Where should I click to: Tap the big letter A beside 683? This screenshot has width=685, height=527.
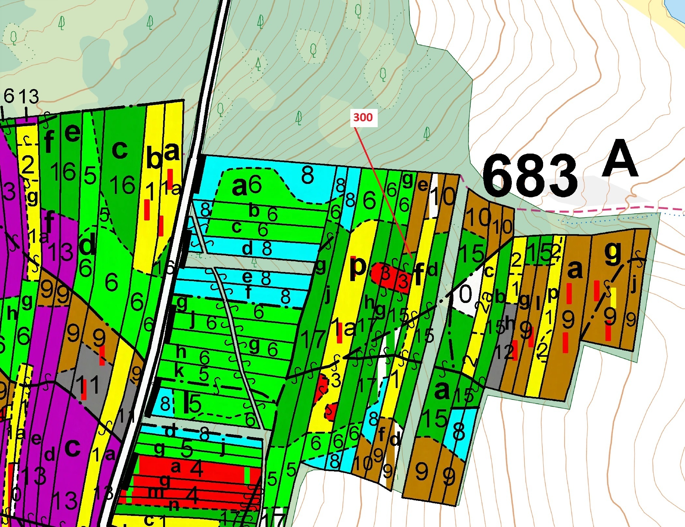[x=619, y=159]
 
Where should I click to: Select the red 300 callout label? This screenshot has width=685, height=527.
[x=363, y=117]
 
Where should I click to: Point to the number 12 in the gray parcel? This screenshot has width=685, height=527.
[x=504, y=352]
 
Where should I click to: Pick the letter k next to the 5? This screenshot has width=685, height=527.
[x=179, y=371]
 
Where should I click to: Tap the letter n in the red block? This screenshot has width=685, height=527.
[x=175, y=505]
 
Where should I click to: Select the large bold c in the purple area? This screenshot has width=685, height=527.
[x=72, y=447]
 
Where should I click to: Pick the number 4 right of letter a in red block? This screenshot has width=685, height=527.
[x=196, y=469]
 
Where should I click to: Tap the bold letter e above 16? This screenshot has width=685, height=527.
[x=72, y=133]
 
